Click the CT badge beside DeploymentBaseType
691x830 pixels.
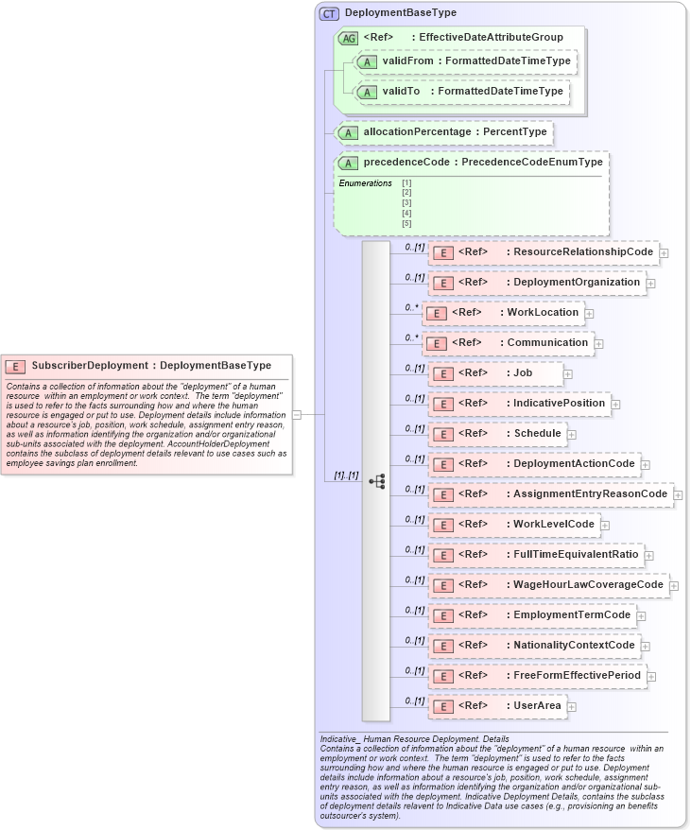[329, 13]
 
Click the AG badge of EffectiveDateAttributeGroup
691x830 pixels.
[348, 38]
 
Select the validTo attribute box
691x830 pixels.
[461, 92]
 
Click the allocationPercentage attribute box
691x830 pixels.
[444, 132]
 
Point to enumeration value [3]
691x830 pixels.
[406, 202]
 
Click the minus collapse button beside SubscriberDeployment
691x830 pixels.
[297, 414]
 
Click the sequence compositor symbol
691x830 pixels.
[376, 481]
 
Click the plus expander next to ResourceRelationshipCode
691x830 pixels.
[665, 253]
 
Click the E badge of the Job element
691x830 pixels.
[442, 374]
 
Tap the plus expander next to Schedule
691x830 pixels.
[572, 435]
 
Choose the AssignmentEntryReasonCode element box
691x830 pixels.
[550, 494]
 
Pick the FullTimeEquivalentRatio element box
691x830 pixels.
[535, 554]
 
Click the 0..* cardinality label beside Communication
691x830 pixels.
[412, 337]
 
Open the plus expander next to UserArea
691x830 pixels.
[572, 707]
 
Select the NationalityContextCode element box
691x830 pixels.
[534, 646]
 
